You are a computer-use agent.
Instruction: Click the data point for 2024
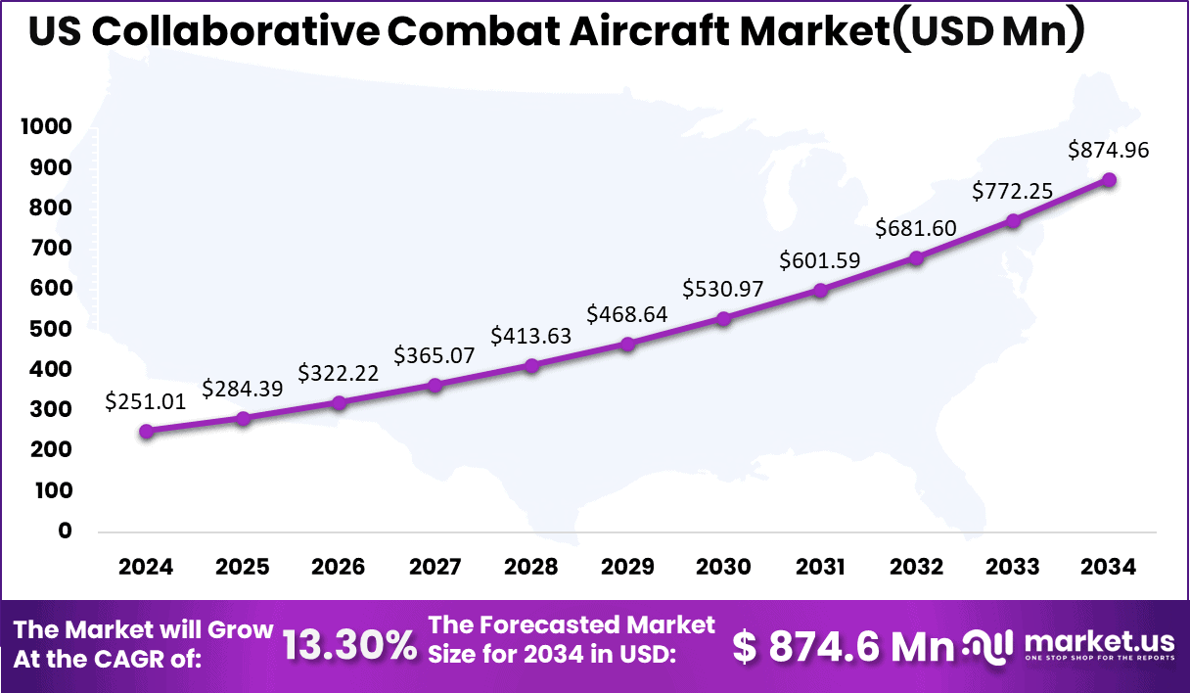click(147, 431)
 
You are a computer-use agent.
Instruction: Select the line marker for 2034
click(1109, 180)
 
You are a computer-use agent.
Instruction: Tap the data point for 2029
click(627, 344)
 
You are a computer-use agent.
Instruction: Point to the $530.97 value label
click(723, 289)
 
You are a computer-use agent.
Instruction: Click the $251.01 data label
click(146, 401)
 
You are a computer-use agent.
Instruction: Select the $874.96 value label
click(1108, 150)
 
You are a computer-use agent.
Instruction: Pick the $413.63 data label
click(530, 336)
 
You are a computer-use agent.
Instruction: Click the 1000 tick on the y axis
click(46, 127)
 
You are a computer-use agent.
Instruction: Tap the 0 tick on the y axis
click(66, 531)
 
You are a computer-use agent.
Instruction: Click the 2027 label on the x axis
click(435, 568)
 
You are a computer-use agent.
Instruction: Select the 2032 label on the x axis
click(916, 568)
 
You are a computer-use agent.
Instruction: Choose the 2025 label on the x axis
click(242, 568)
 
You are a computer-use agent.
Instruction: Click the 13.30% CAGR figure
click(349, 646)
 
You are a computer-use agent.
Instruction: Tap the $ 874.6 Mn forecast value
click(844, 646)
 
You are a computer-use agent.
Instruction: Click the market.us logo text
click(1098, 641)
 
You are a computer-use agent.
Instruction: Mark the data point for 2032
click(916, 258)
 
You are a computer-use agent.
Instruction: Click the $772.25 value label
click(1012, 191)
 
